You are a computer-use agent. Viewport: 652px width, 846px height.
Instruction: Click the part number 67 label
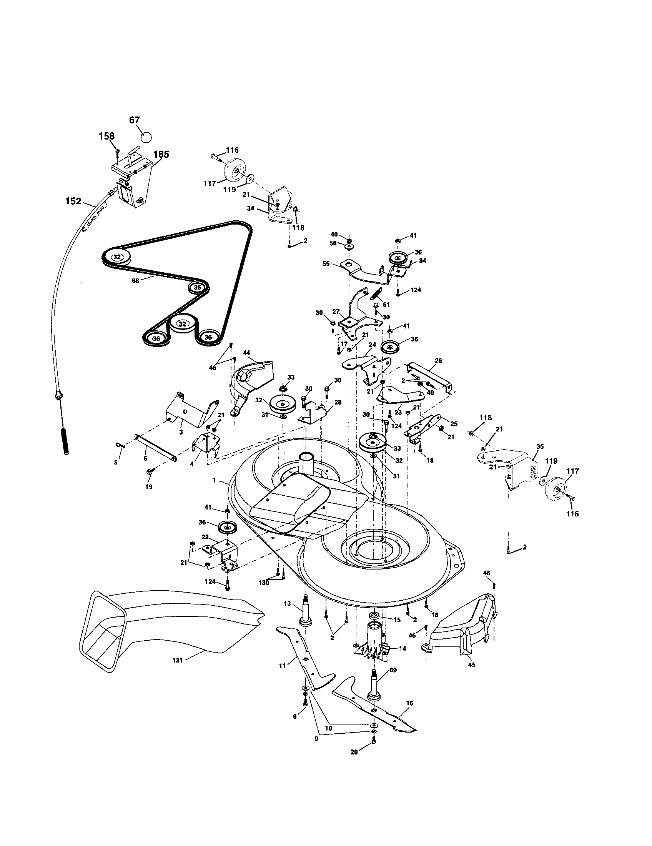click(134, 120)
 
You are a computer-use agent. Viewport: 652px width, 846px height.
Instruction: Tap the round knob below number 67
click(146, 137)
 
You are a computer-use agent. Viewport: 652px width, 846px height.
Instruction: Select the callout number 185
click(161, 154)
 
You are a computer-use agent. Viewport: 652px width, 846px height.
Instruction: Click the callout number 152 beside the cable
click(73, 201)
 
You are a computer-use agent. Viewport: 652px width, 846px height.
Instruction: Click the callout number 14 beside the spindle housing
click(403, 648)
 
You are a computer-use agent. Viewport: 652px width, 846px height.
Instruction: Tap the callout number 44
click(246, 353)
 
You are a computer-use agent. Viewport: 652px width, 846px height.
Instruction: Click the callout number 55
click(326, 263)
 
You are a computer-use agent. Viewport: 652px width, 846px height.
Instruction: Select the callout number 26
click(438, 360)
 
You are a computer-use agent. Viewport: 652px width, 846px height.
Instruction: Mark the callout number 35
click(540, 446)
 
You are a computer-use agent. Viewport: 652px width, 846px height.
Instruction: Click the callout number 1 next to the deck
click(214, 480)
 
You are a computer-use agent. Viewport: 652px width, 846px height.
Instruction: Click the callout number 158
click(107, 136)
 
